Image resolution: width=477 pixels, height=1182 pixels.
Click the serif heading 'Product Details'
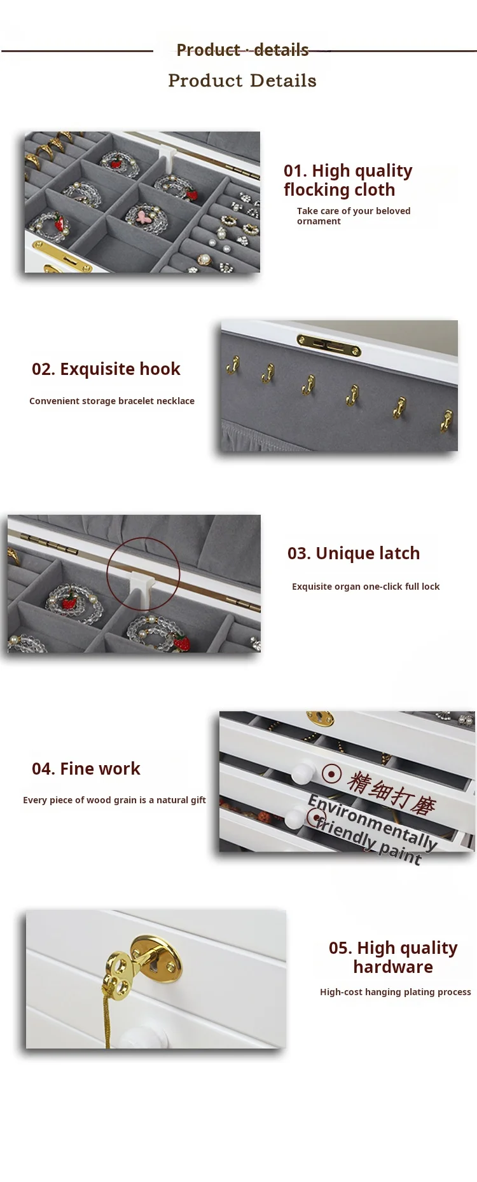[x=242, y=81]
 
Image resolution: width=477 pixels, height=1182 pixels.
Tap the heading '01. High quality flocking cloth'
[x=348, y=180]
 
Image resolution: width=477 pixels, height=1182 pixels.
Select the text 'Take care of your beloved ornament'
[x=354, y=216]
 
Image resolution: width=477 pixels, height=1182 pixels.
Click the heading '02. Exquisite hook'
[x=106, y=369]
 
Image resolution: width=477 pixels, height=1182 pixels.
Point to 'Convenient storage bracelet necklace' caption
[x=112, y=401]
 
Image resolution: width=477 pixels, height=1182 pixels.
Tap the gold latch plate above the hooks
[x=329, y=345]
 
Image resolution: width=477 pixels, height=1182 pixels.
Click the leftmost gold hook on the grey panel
[x=233, y=365]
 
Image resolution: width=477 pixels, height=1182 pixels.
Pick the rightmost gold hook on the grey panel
[x=446, y=420]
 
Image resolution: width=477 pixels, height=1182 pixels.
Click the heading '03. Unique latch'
[x=354, y=554]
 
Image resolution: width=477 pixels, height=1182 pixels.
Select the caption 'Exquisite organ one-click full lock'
[x=366, y=587]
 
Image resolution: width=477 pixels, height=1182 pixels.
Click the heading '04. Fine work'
[x=86, y=769]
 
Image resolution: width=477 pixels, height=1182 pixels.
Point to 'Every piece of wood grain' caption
[x=114, y=800]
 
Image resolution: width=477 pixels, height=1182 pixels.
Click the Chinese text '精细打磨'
[x=391, y=793]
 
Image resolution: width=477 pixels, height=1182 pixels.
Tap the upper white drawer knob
[x=303, y=773]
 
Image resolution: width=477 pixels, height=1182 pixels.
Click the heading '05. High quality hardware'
[x=393, y=958]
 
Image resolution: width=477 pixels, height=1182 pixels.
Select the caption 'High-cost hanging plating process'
[x=396, y=992]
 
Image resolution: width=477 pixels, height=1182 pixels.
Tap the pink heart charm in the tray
[x=148, y=215]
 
